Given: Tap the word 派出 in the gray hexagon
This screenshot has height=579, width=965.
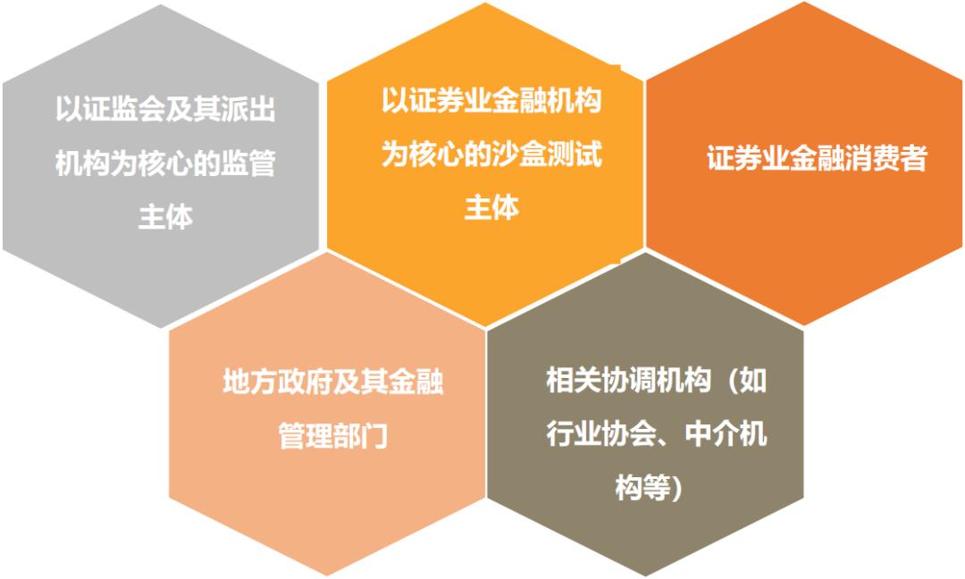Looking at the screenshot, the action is pyautogui.click(x=248, y=109).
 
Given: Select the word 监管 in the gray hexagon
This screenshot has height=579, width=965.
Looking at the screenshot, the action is pyautogui.click(x=248, y=163).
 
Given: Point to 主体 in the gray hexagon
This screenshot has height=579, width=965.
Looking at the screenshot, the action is pyautogui.click(x=165, y=217).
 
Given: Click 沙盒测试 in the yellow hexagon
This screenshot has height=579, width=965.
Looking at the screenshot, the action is pyautogui.click(x=547, y=154).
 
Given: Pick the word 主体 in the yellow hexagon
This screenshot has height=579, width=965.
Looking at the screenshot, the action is pyautogui.click(x=491, y=207).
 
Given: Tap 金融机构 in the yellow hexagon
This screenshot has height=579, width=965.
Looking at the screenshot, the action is pyautogui.click(x=547, y=100).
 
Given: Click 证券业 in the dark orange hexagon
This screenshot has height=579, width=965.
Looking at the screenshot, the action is pyautogui.click(x=748, y=158).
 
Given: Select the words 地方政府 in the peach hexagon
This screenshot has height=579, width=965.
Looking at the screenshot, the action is pyautogui.click(x=278, y=382).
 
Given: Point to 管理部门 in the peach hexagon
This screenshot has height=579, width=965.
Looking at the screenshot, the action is pyautogui.click(x=333, y=436).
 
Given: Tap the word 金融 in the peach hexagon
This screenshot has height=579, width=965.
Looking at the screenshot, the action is pyautogui.click(x=415, y=382).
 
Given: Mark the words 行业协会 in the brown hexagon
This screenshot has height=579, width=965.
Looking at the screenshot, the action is pyautogui.click(x=601, y=433).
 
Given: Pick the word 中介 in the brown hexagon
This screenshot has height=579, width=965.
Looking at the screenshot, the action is pyautogui.click(x=711, y=433).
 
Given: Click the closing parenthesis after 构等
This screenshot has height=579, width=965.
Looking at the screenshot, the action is pyautogui.click(x=677, y=489).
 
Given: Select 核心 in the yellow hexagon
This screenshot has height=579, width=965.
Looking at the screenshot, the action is pyautogui.click(x=436, y=154).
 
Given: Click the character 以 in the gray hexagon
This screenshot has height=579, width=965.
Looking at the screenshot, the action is pyautogui.click(x=69, y=109).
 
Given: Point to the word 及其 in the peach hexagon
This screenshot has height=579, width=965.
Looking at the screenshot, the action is pyautogui.click(x=361, y=382).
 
